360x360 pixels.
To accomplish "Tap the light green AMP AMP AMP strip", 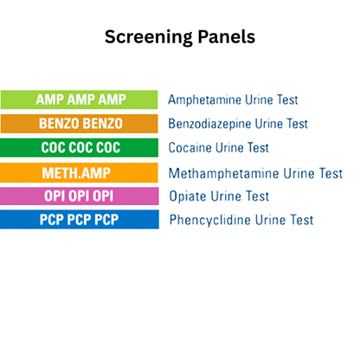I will tap(79, 100).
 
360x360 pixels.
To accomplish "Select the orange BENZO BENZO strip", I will tap(79, 124).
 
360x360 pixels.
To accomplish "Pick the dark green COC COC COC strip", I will tap(79, 148).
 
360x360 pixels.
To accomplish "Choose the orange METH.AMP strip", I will tap(79, 173).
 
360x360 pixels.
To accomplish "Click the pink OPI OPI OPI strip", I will tap(79, 196).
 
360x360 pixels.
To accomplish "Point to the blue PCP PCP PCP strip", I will tap(79, 221).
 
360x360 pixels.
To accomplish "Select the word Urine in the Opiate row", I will tap(224, 196).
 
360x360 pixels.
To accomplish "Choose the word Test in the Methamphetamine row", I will tap(330, 173).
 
